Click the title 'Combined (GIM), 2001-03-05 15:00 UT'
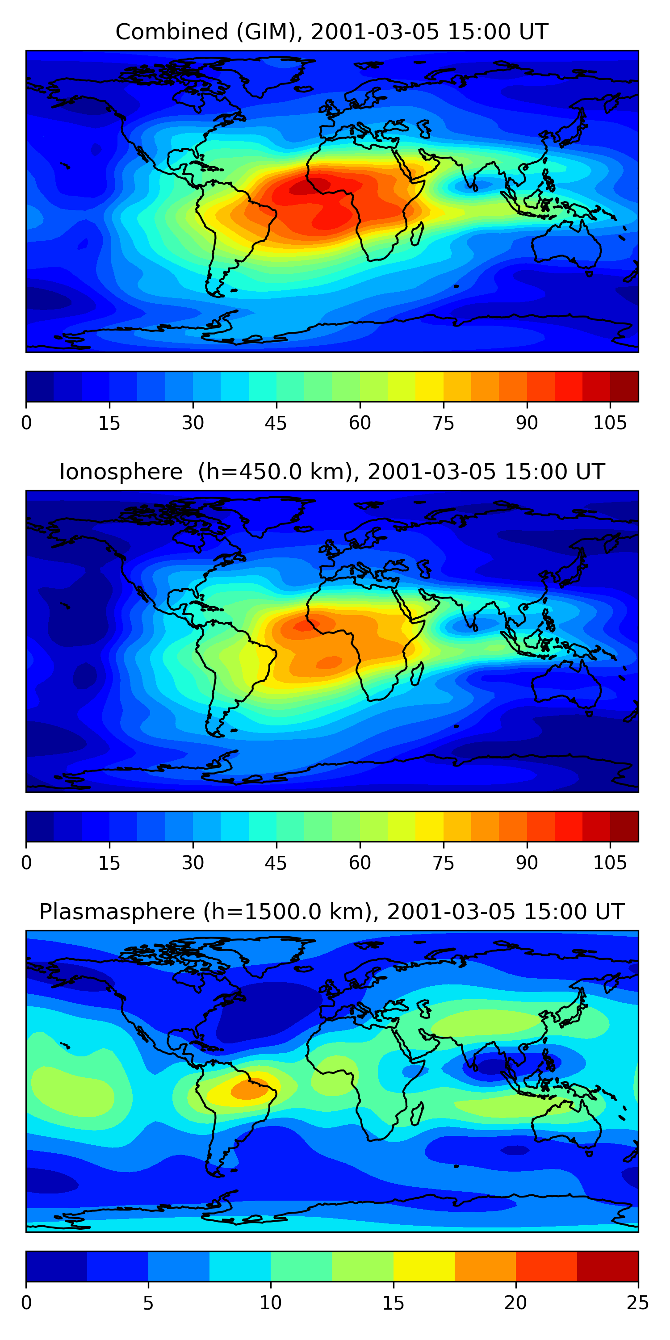point(331,32)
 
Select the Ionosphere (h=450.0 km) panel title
point(331,472)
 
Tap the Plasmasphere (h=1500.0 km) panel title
point(331,912)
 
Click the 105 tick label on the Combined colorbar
point(610,423)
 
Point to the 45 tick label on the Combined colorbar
point(276,423)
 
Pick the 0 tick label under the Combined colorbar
point(26,423)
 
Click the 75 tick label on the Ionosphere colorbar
point(443,863)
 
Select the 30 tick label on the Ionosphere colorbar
point(193,863)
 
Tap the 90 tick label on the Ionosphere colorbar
point(527,863)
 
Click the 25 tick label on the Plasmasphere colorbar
point(638,1303)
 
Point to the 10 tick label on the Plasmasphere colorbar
point(271,1303)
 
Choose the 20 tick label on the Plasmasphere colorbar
point(515,1303)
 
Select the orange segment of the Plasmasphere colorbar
point(485,1266)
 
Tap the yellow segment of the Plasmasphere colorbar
point(423,1266)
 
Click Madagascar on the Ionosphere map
point(417,674)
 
